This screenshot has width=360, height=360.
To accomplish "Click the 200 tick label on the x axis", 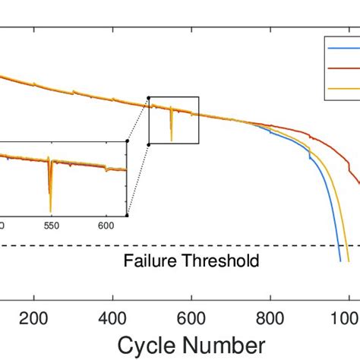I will [33, 317].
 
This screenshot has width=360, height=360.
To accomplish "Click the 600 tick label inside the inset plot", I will [106, 226].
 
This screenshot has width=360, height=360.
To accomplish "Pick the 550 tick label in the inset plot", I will [51, 226].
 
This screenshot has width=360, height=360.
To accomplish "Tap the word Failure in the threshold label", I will [147, 261].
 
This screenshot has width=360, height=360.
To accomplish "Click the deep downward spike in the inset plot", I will [50, 197].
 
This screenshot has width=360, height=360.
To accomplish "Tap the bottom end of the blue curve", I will [339, 261].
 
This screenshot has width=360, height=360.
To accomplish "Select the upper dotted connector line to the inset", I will [137, 118].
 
